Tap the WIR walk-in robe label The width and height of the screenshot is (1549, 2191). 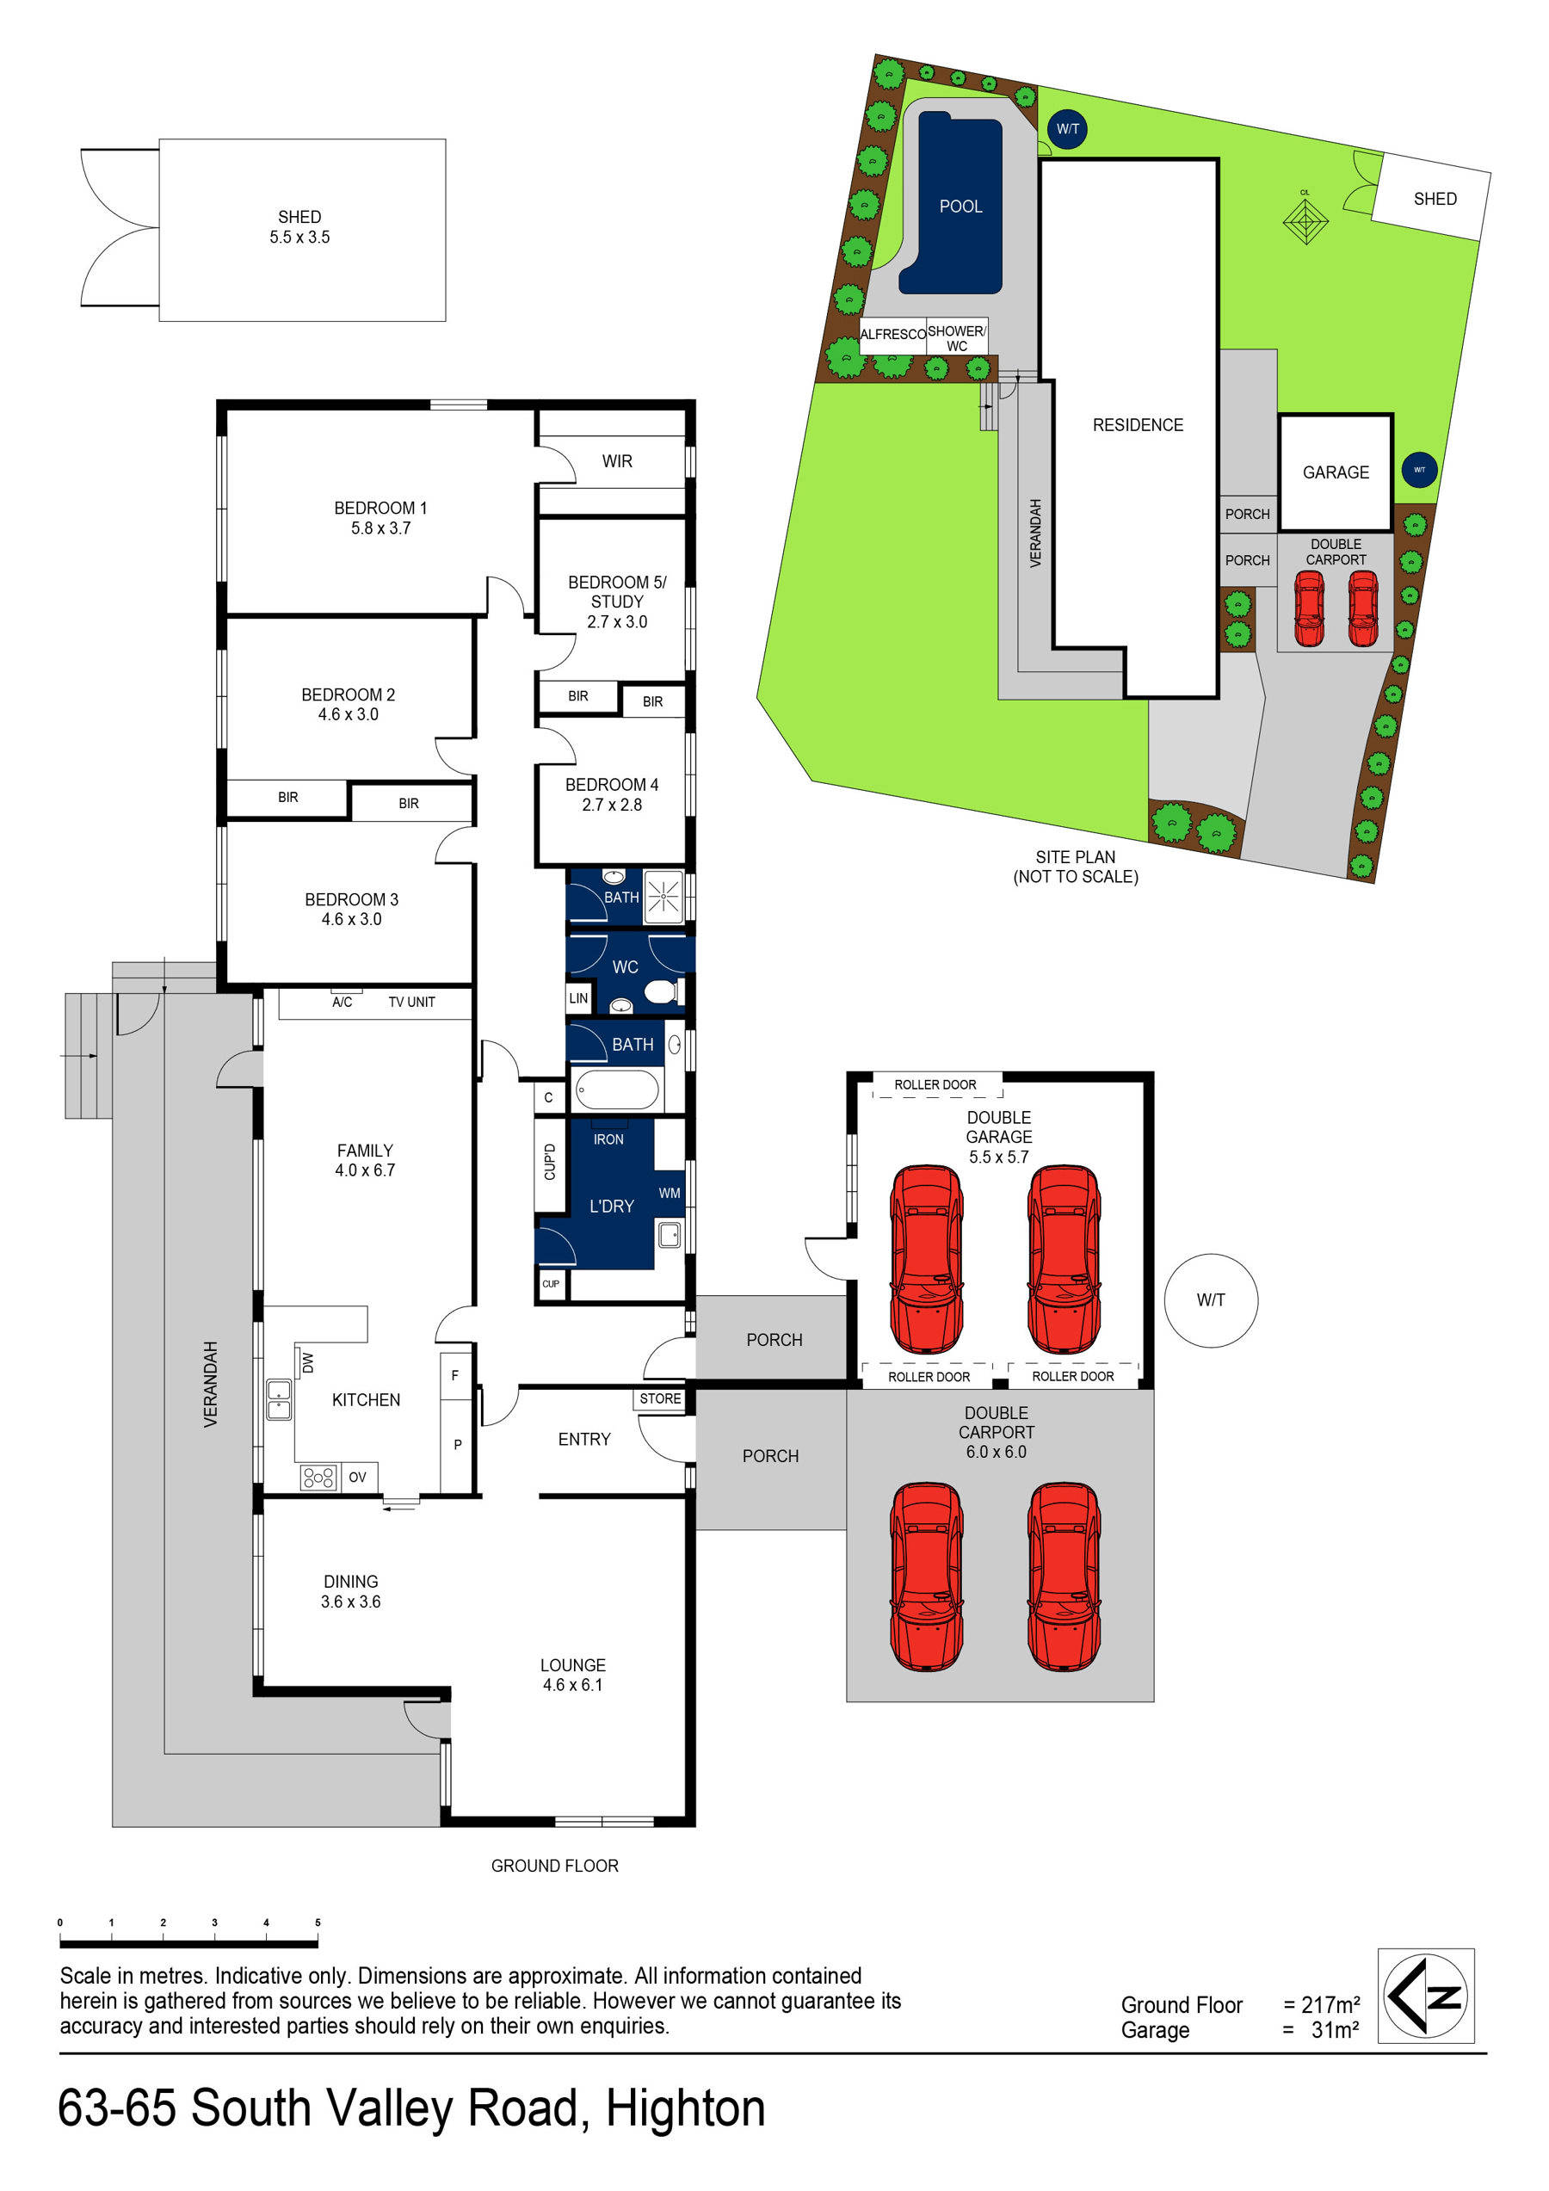pyautogui.click(x=616, y=461)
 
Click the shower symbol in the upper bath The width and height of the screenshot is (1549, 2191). pyautogui.click(x=664, y=897)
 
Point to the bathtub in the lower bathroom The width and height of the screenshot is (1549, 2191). pyautogui.click(x=615, y=1089)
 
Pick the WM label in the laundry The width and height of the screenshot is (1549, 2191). pyautogui.click(x=669, y=1193)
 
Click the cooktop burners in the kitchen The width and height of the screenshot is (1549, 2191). pyautogui.click(x=318, y=1478)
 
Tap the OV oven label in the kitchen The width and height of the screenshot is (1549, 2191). pyautogui.click(x=357, y=1478)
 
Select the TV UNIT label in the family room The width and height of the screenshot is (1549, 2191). pyautogui.click(x=411, y=1002)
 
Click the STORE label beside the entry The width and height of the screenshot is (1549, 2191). pyautogui.click(x=660, y=1399)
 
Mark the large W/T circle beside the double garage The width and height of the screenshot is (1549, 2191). pyautogui.click(x=1210, y=1299)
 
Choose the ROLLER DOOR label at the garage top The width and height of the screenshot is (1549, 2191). pyautogui.click(x=935, y=1084)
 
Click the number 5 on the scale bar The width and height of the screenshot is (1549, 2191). pyautogui.click(x=318, y=1922)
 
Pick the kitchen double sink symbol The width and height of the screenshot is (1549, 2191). pyautogui.click(x=278, y=1399)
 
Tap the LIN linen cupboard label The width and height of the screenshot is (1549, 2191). pyautogui.click(x=578, y=998)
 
